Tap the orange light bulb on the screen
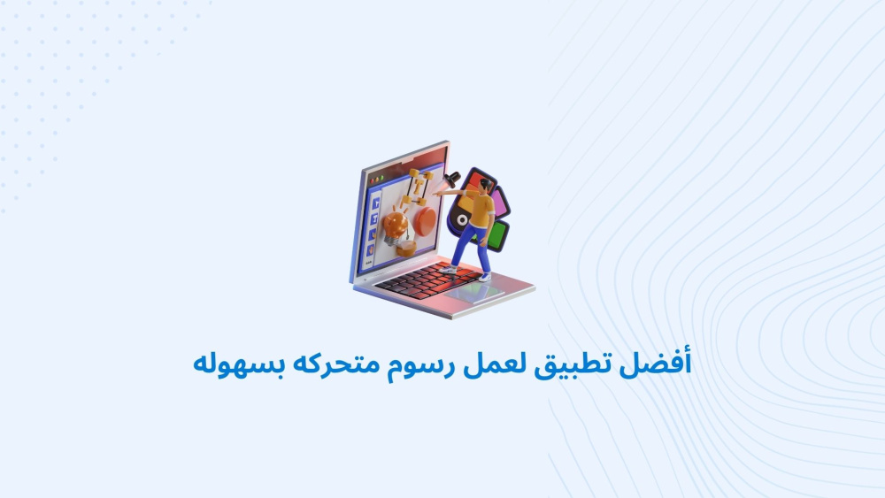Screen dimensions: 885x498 (x=395, y=227)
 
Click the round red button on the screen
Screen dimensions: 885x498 (x=425, y=221)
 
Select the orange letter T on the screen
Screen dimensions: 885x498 (x=419, y=186)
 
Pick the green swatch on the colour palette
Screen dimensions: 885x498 (x=496, y=236)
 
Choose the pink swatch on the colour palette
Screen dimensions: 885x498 (x=499, y=203)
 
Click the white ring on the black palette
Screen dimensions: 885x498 (x=462, y=220)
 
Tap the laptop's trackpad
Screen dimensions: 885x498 (x=474, y=292)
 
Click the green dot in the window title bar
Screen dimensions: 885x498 (x=382, y=178)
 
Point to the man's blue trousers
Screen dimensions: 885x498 (x=472, y=246)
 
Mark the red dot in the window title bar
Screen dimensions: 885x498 (x=372, y=181)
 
